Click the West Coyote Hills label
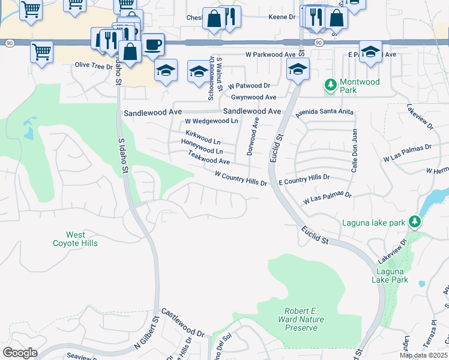75,239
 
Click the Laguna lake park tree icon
414,223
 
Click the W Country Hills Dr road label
241,178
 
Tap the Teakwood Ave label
208,158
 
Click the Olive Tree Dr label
94,66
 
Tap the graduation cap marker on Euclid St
297,68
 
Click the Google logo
20,353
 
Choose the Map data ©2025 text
422,355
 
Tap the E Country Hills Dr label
304,179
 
